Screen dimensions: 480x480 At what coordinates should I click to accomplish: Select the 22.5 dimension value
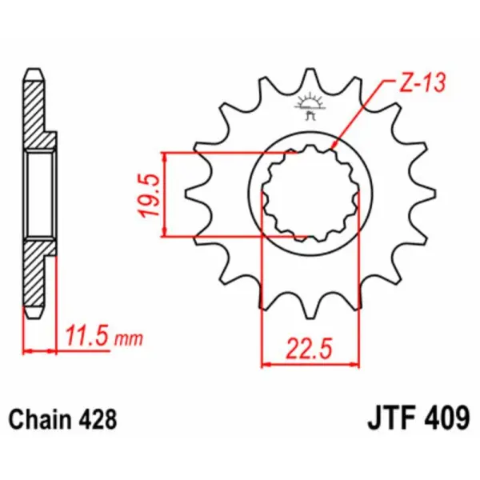[x=309, y=350]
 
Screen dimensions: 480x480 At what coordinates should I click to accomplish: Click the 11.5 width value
[x=87, y=338]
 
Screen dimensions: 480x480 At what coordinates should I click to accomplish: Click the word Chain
[x=38, y=418]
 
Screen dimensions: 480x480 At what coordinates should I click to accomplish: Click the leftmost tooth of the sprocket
[x=192, y=194]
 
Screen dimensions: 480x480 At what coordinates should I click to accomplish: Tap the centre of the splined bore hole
[x=308, y=194]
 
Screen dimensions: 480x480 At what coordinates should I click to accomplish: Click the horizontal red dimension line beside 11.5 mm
[x=41, y=350]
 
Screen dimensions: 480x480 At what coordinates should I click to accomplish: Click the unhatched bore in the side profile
[x=39, y=194]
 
